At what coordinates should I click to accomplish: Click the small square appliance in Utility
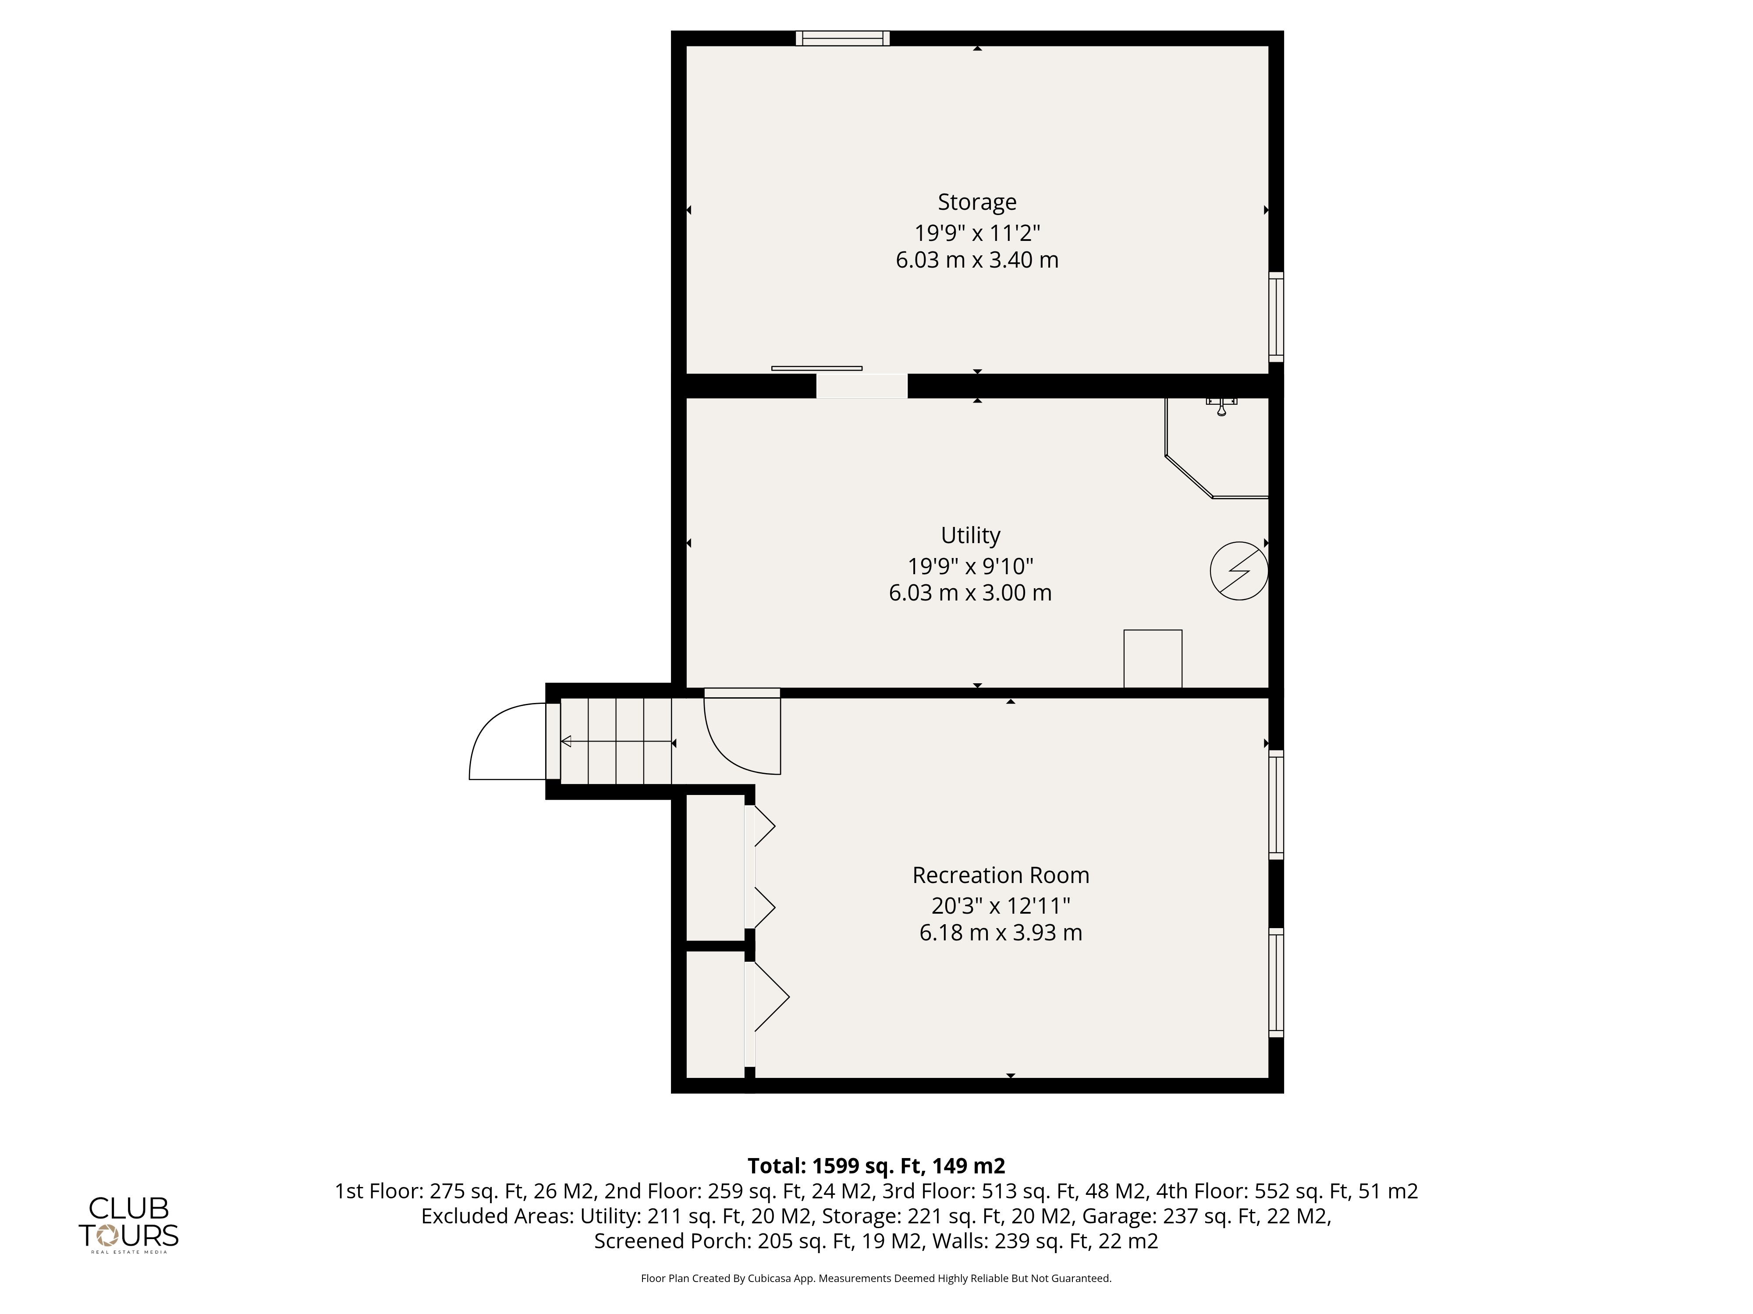(1153, 659)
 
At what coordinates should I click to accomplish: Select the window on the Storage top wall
(842, 38)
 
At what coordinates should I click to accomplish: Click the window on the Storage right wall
(1276, 317)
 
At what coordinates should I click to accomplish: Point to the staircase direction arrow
(618, 742)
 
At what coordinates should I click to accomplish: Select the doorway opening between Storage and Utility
(862, 386)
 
